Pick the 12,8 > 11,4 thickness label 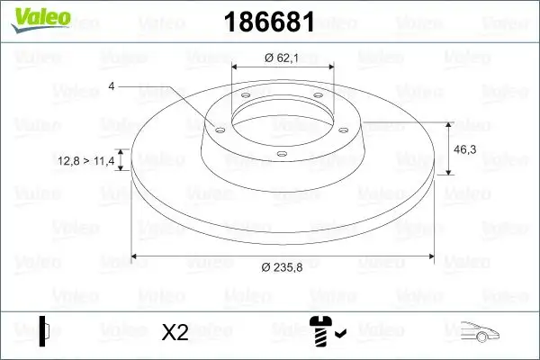[x=88, y=160]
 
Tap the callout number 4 [x=112, y=86]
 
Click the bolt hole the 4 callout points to [x=218, y=128]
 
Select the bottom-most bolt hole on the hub [x=281, y=154]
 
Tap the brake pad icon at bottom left [x=45, y=331]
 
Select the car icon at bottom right [x=481, y=333]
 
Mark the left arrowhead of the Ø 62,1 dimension [x=237, y=68]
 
